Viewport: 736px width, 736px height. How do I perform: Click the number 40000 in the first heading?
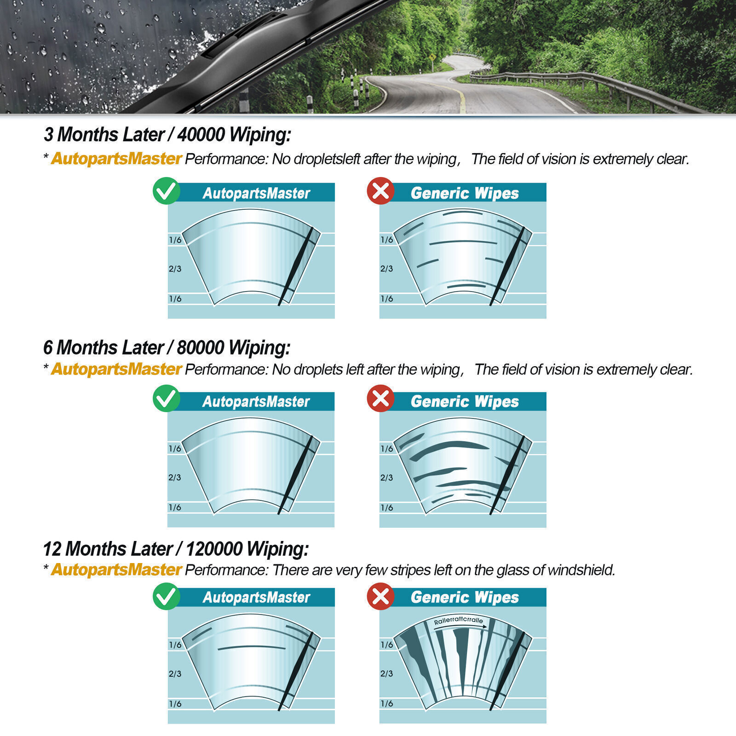tap(201, 135)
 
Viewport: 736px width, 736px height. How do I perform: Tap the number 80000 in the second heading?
tap(201, 348)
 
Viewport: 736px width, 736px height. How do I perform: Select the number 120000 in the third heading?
tap(214, 549)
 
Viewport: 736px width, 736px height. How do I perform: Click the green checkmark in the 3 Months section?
tap(167, 191)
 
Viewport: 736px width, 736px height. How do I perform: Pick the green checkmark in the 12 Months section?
tap(167, 597)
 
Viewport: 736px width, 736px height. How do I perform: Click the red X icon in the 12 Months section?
tap(380, 597)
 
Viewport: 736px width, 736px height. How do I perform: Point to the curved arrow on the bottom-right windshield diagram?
tap(460, 626)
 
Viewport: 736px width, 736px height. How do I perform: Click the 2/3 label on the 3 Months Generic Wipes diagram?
tap(386, 269)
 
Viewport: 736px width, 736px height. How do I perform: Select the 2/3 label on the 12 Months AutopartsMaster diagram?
tap(175, 674)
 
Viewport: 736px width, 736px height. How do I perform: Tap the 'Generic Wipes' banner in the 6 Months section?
tap(465, 402)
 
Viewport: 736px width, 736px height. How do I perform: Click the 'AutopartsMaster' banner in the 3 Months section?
tap(256, 193)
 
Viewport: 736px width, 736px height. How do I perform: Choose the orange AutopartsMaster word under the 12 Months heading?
tap(116, 570)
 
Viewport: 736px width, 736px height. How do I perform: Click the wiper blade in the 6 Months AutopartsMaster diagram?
tap(296, 474)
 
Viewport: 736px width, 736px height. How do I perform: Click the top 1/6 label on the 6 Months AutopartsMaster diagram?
tap(175, 448)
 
